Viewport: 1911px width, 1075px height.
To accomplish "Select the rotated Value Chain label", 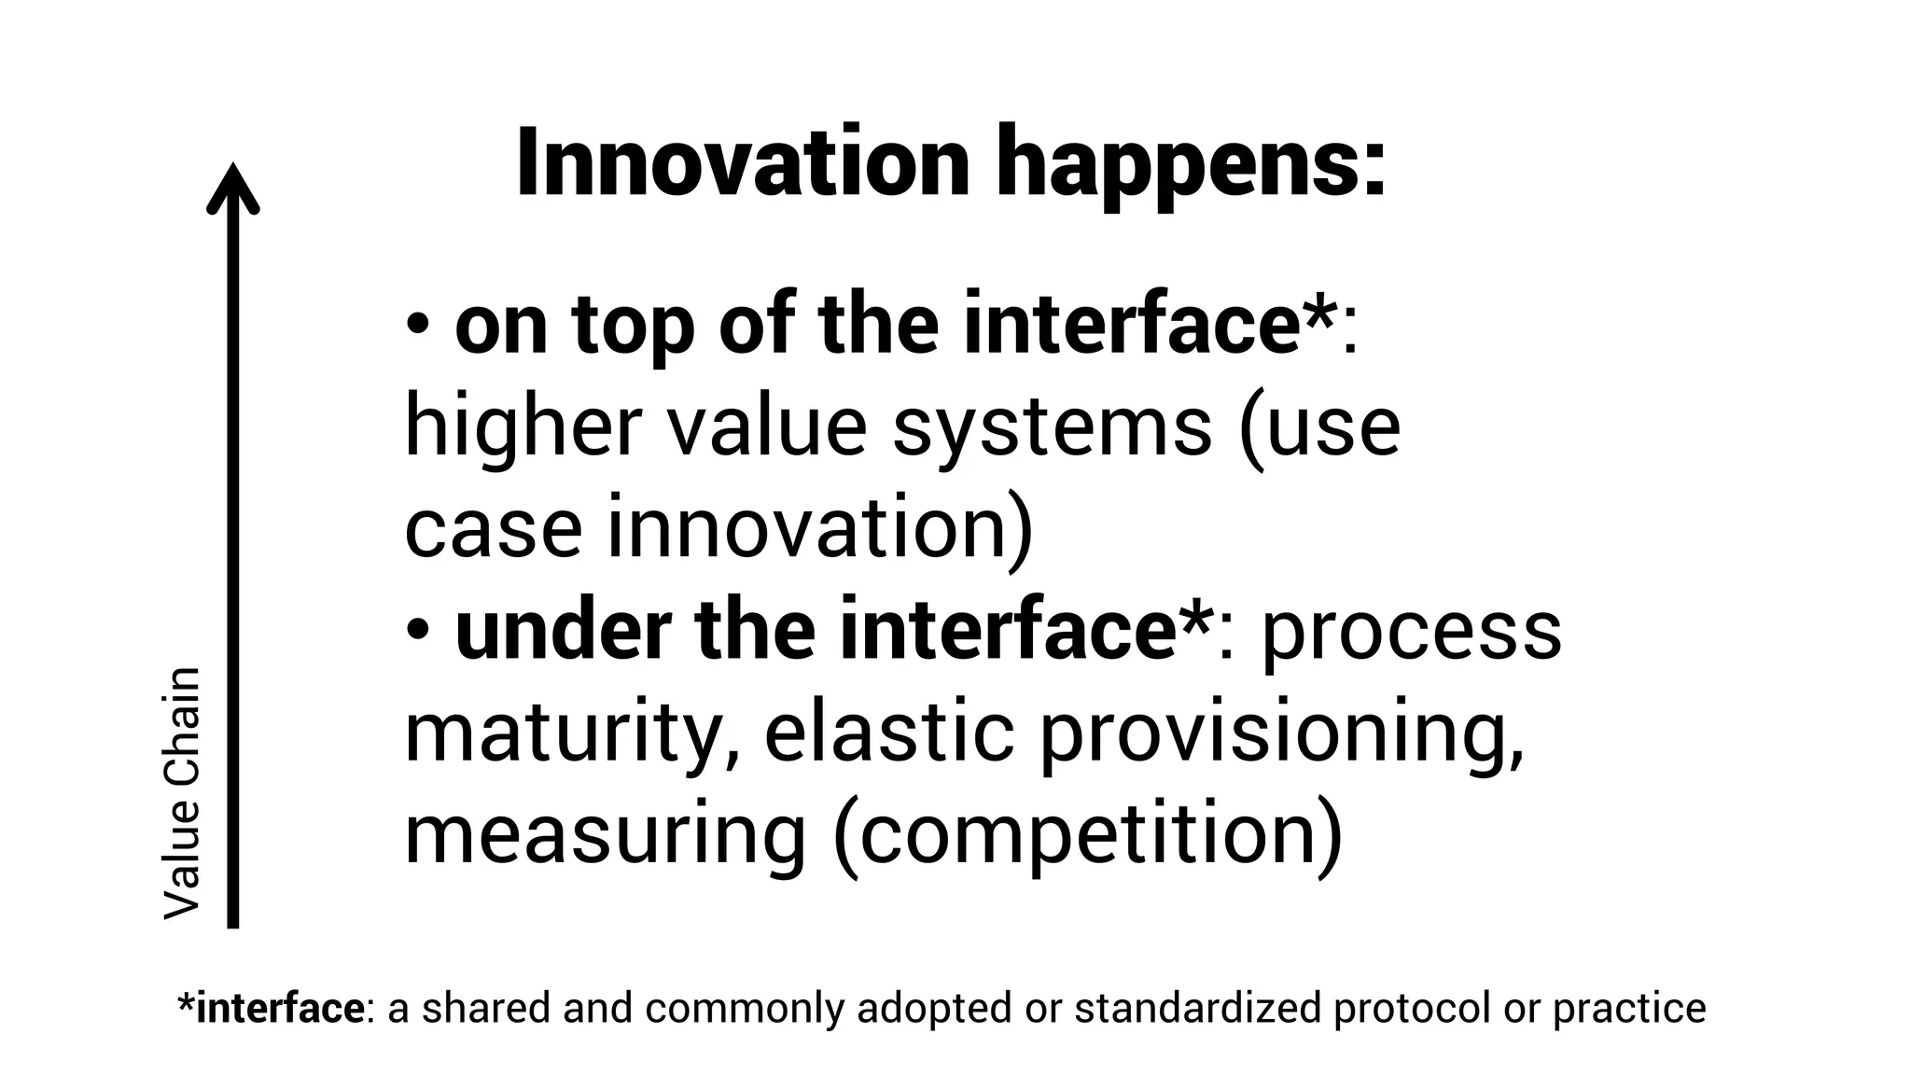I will [182, 793].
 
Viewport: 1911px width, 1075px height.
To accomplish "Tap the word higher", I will [523, 428].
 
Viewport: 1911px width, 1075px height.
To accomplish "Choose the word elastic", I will [888, 732].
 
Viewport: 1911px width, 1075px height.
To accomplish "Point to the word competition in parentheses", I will [1087, 835].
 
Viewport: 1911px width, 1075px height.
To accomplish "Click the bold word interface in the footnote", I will [279, 1008].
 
